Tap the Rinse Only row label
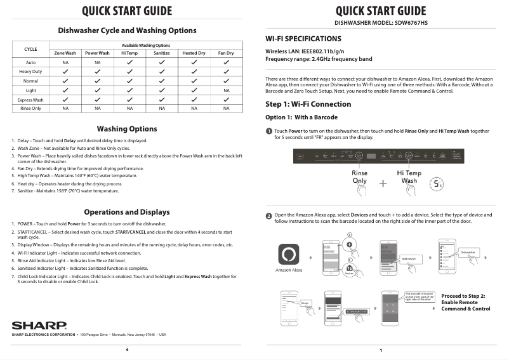[x=30, y=109]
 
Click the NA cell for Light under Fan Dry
[x=226, y=90]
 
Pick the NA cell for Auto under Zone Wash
[x=65, y=63]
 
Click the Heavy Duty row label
[x=30, y=72]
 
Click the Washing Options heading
[x=127, y=129]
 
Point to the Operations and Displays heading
[x=127, y=212]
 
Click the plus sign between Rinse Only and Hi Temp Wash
[x=383, y=183]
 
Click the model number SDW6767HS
[x=407, y=23]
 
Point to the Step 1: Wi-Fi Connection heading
[x=308, y=104]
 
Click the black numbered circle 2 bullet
[x=268, y=216]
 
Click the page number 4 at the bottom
[x=127, y=350]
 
